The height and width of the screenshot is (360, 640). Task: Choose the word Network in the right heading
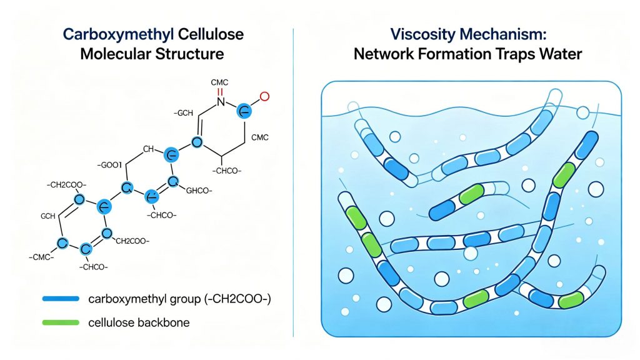click(383, 54)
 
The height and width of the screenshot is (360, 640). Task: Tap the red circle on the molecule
click(264, 96)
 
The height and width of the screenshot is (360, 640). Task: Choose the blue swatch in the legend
click(60, 299)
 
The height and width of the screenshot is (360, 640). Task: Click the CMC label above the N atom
click(221, 82)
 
